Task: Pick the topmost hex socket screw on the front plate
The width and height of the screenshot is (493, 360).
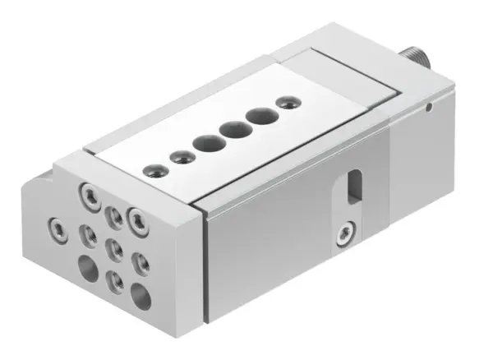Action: click(86, 194)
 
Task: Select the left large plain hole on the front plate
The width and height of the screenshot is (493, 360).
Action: click(86, 265)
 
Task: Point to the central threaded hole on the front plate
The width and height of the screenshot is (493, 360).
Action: click(115, 247)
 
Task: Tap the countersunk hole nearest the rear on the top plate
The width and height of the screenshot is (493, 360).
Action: click(285, 103)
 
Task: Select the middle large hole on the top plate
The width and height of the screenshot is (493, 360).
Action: click(233, 129)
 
